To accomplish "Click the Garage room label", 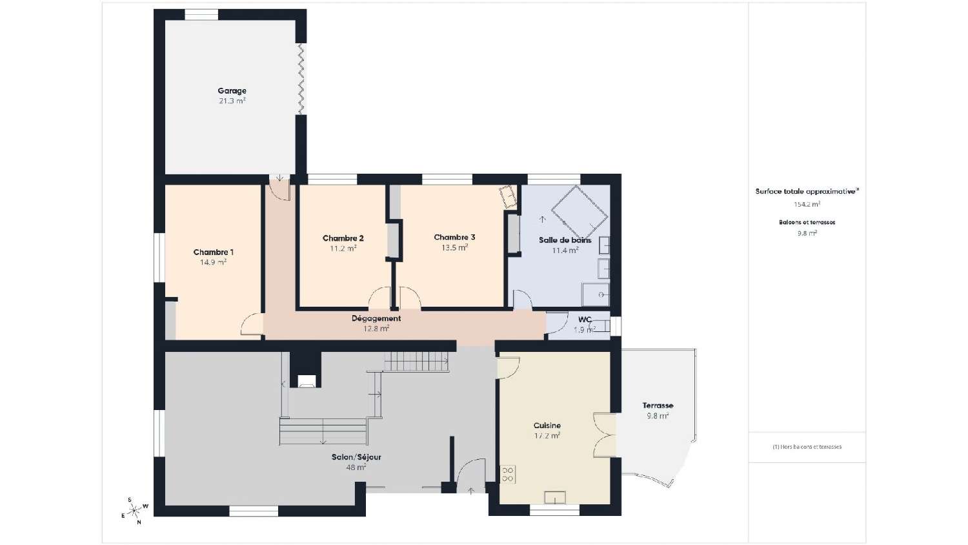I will click(232, 91).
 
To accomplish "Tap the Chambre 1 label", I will click(213, 252).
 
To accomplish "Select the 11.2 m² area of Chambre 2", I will click(343, 249).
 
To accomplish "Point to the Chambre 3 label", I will click(454, 237).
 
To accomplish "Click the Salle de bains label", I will click(565, 240).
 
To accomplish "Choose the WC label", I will click(585, 320).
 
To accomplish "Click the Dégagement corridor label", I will click(376, 318).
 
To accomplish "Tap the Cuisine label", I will click(547, 426).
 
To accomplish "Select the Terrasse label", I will click(658, 406).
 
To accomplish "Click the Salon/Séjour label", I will click(356, 457).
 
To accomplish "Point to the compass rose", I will click(134, 511).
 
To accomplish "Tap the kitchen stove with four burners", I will click(507, 475).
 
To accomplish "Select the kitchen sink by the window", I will click(554, 497).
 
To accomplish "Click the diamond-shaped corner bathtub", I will click(579, 212).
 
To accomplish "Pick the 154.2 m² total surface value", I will click(807, 204).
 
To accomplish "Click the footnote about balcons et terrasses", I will click(807, 447).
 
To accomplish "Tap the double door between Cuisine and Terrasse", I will click(605, 435).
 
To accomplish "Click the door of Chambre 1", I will click(252, 325).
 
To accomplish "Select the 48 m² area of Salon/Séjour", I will click(356, 468).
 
